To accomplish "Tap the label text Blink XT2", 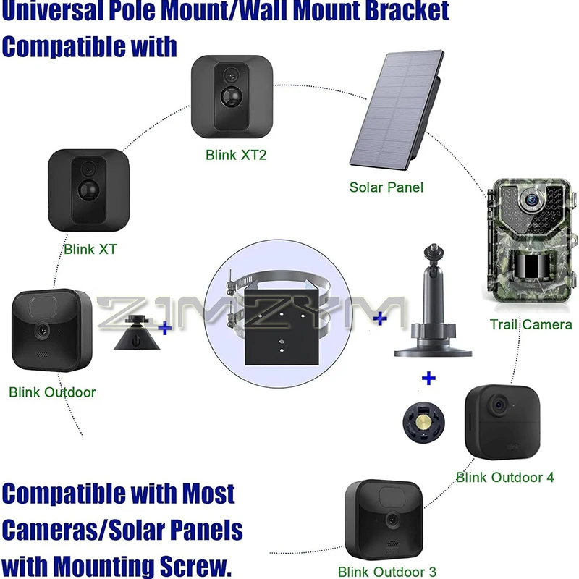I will [x=236, y=154].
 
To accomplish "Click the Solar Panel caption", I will [x=386, y=187].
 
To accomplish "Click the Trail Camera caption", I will [x=531, y=324].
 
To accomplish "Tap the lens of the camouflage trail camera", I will [x=531, y=196].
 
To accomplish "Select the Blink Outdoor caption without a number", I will [x=52, y=392].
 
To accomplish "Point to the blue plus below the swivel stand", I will [x=428, y=377].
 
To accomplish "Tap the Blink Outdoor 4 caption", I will [x=505, y=477].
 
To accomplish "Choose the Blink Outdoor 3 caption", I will [x=387, y=571].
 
